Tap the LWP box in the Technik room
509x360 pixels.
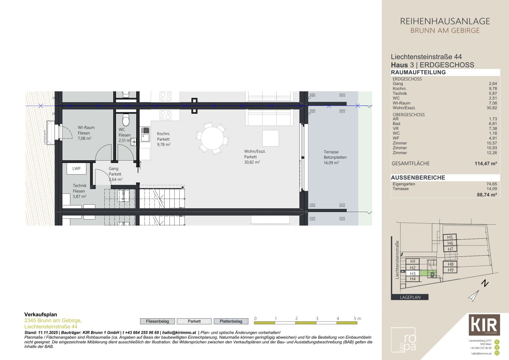pos(76,169)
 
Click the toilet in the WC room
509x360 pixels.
pos(126,119)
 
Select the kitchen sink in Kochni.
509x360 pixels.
pos(145,137)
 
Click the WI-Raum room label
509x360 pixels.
pos(86,128)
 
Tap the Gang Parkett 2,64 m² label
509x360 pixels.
pos(115,174)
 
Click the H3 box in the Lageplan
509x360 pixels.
pos(413,273)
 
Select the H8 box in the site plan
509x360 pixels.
pos(450,264)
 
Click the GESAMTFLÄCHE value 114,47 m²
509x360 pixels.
pos(485,164)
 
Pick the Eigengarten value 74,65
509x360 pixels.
pos(491,184)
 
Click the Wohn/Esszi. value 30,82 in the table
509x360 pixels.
pos(491,108)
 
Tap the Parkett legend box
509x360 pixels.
pos(194,321)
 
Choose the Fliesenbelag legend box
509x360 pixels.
pos(157,321)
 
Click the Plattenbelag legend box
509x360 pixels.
pos(231,321)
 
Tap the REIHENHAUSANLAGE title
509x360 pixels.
pos(445,21)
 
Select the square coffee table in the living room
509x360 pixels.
pos(270,138)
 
